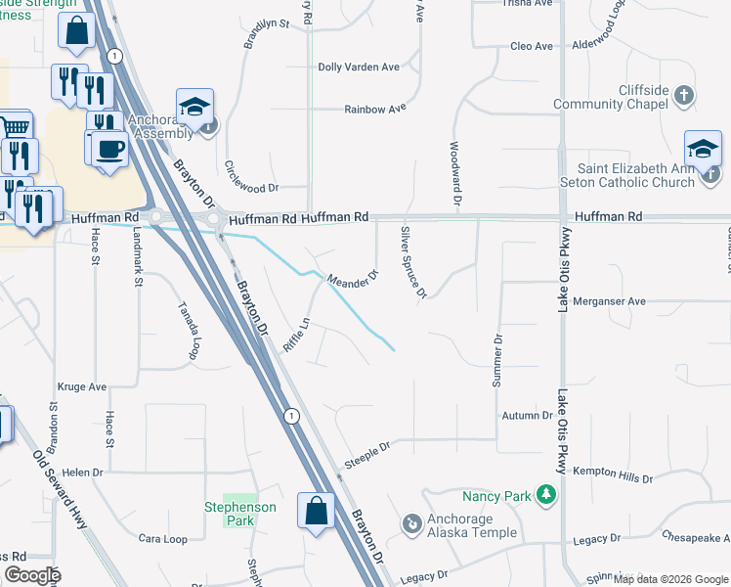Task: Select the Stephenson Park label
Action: click(239, 514)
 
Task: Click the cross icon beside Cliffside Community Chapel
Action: click(685, 96)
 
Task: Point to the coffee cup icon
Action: click(110, 149)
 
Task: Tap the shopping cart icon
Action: click(14, 126)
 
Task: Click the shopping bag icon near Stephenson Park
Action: click(316, 510)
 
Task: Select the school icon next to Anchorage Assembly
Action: click(195, 108)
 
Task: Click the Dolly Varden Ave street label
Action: click(359, 67)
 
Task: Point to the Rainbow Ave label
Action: click(374, 109)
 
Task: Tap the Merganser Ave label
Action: click(610, 301)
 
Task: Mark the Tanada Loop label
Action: click(188, 330)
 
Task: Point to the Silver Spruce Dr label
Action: click(414, 262)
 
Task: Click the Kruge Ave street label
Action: click(82, 386)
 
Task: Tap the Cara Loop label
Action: click(162, 539)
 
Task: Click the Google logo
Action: click(33, 574)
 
